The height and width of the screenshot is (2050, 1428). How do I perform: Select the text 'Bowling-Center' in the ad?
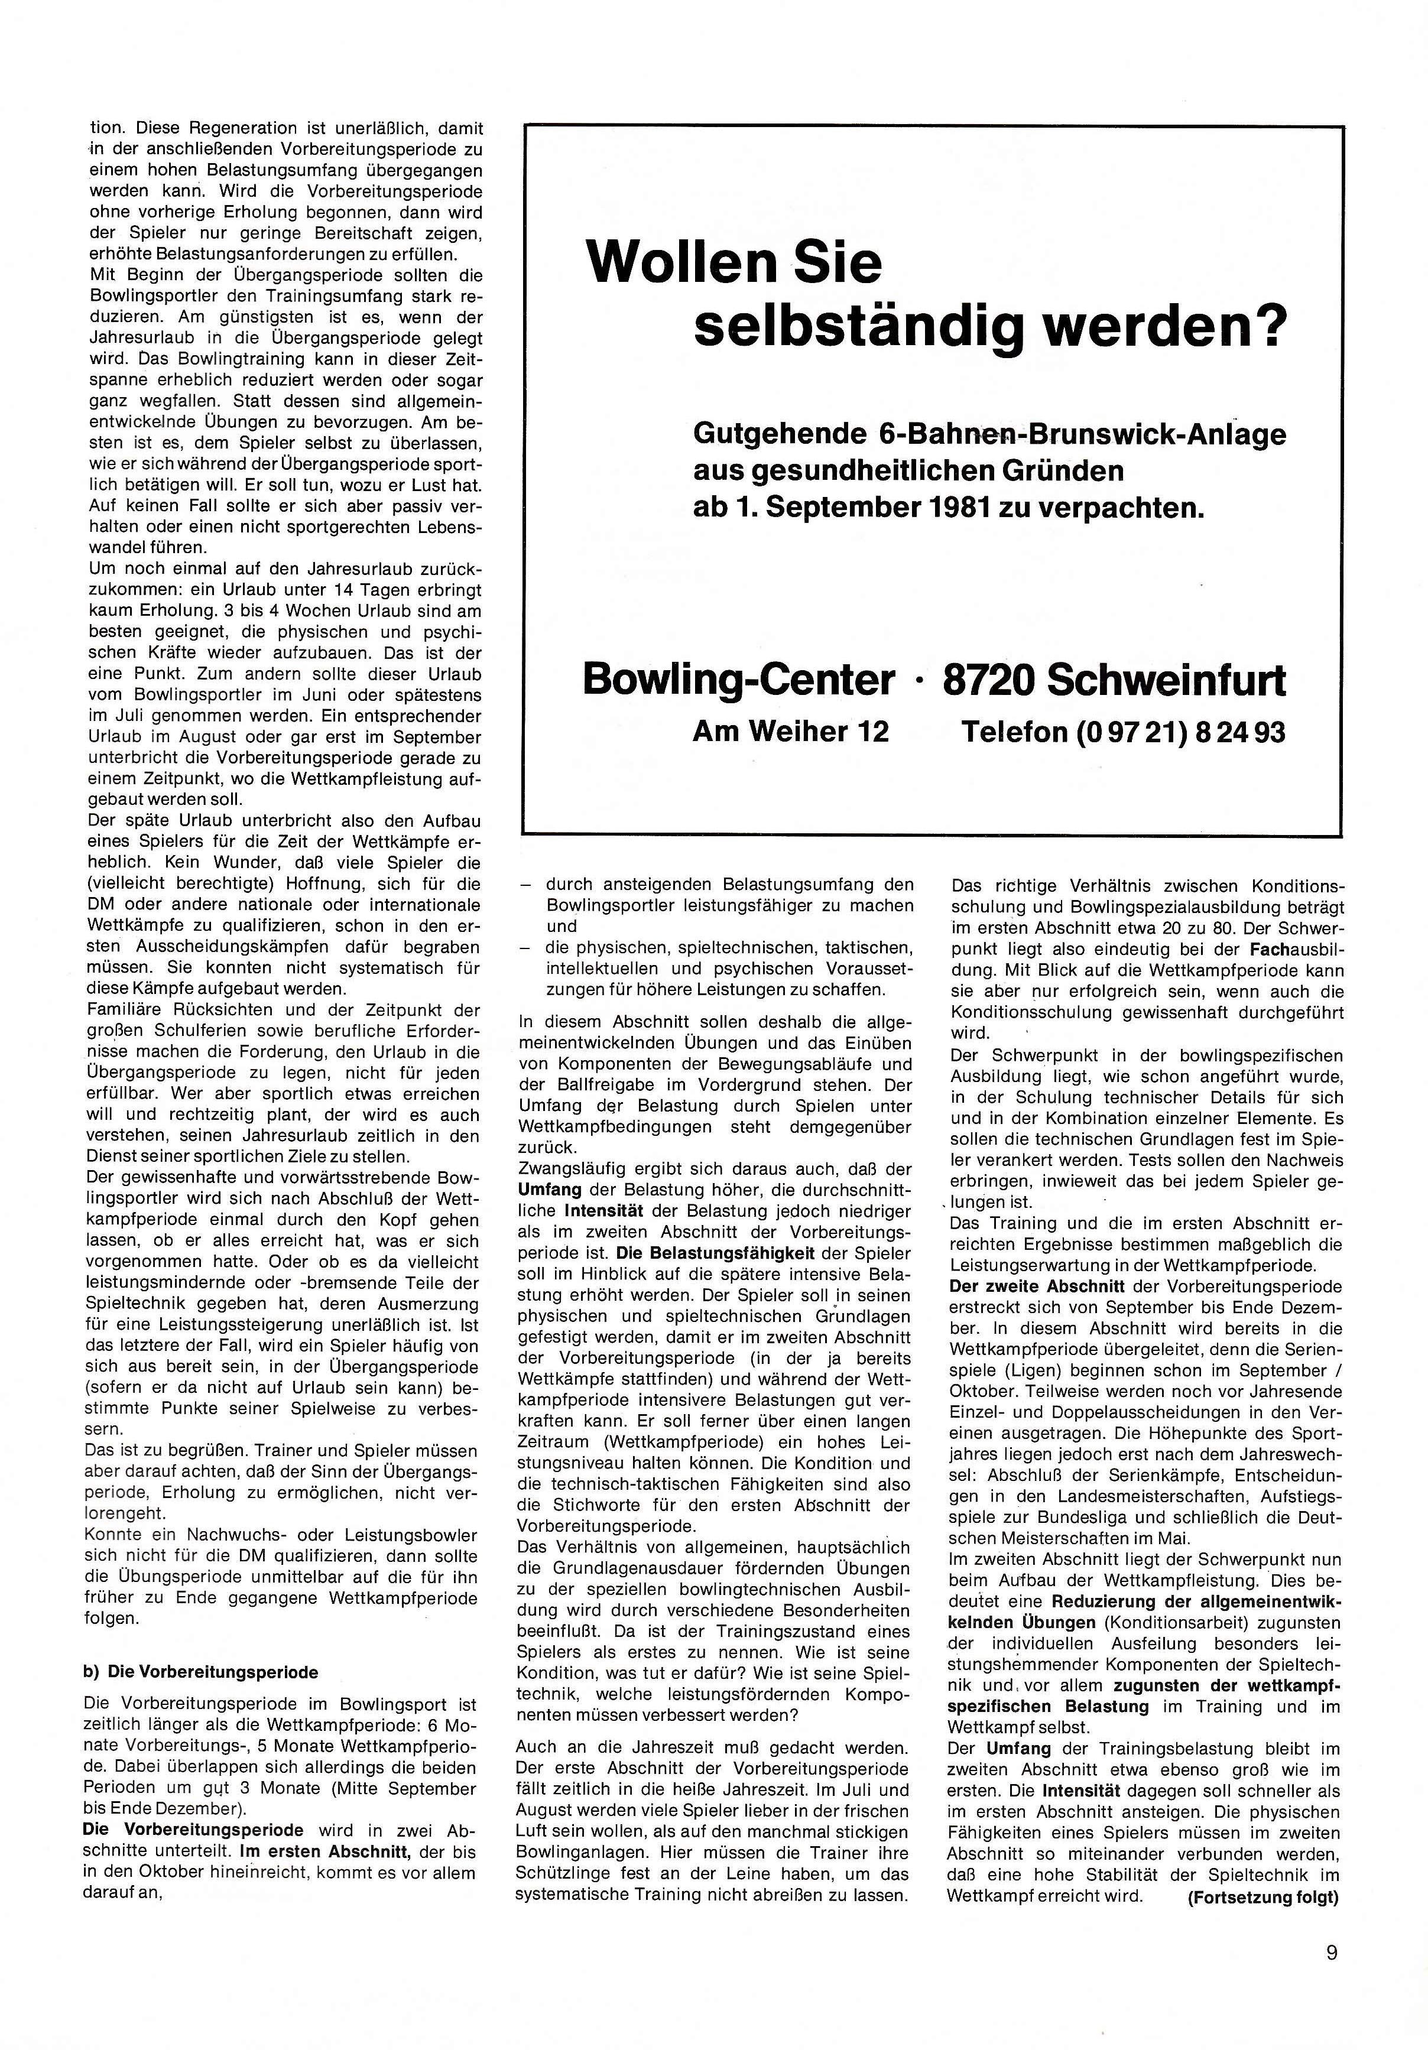coord(738,680)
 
